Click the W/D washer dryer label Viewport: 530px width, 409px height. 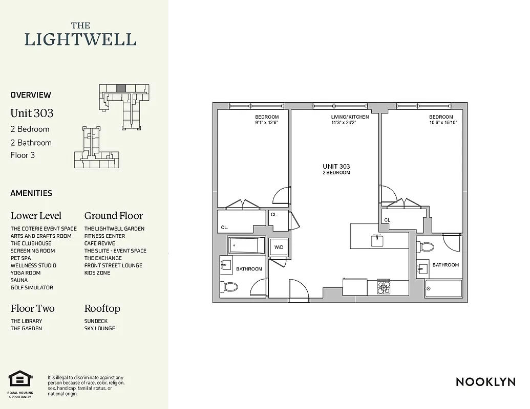[x=279, y=248]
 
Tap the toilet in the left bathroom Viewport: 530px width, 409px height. [x=230, y=287]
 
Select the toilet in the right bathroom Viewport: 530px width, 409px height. [x=426, y=247]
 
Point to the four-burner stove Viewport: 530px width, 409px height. [x=384, y=287]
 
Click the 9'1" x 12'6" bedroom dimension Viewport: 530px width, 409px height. [x=267, y=123]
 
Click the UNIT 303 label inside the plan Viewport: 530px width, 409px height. [x=336, y=167]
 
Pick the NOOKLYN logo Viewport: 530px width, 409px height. [x=485, y=382]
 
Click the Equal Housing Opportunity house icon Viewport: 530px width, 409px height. [x=20, y=379]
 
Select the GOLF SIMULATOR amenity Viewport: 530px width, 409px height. [x=32, y=288]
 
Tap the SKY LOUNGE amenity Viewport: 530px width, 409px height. [x=100, y=329]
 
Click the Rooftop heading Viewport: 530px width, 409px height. [x=102, y=309]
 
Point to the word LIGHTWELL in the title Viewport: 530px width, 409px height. [x=80, y=39]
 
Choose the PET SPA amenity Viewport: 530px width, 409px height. [x=20, y=258]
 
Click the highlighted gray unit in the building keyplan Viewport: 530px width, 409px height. [x=121, y=88]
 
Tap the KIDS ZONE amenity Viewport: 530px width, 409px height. [x=97, y=273]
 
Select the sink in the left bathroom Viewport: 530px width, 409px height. [x=226, y=264]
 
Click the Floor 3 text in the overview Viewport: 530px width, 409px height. [x=23, y=155]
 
